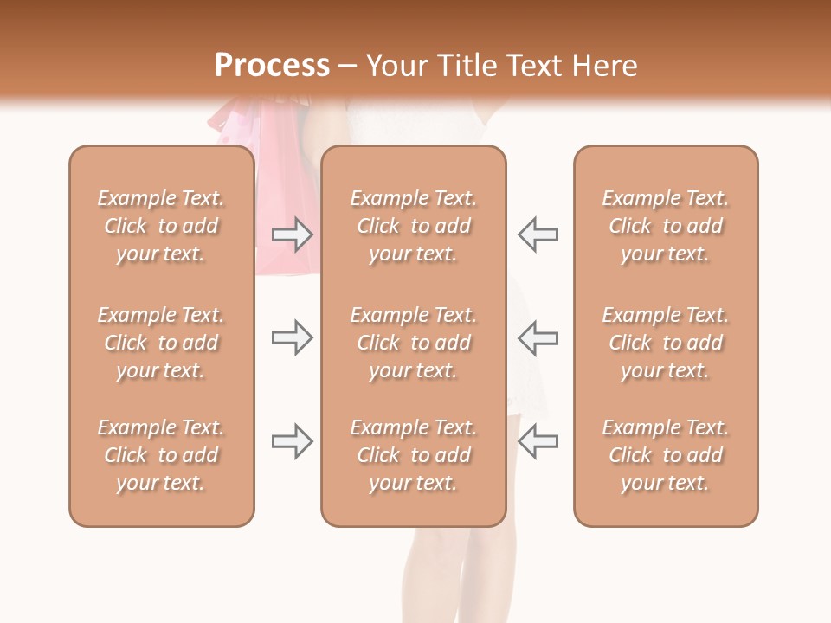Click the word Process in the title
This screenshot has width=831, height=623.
[x=272, y=66]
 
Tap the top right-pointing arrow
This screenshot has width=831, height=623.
[x=293, y=234]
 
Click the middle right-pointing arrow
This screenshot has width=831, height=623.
[x=293, y=337]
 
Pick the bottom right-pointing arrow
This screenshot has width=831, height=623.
[x=293, y=441]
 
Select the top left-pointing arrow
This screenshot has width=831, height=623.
[x=538, y=234]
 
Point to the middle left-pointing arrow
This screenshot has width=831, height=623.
[x=538, y=337]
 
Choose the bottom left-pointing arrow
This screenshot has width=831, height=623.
[x=538, y=441]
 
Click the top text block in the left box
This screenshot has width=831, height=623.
[x=161, y=226]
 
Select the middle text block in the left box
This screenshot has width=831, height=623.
[x=161, y=343]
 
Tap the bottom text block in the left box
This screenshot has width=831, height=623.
[x=161, y=455]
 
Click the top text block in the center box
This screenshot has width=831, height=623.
[x=413, y=226]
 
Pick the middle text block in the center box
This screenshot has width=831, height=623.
[x=413, y=343]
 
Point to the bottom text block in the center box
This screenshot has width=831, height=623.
[x=413, y=455]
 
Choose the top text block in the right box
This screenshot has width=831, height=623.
[x=666, y=226]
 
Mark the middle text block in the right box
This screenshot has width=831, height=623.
[x=666, y=343]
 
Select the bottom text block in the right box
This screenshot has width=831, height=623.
[x=666, y=455]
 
